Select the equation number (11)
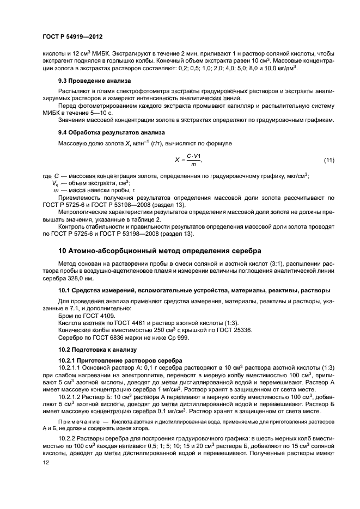point(328,160)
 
